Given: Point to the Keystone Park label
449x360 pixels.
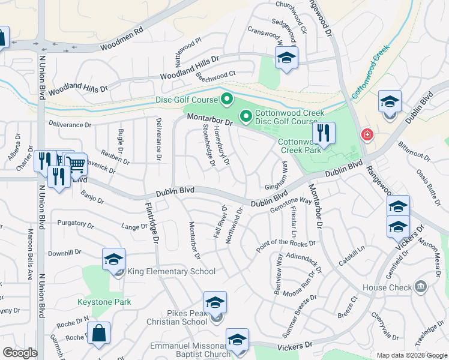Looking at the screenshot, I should point(104,302).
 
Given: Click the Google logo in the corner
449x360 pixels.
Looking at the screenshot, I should point(20,353).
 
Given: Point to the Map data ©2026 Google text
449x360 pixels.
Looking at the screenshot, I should point(411,355).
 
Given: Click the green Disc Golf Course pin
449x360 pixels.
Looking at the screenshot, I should point(227,98).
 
